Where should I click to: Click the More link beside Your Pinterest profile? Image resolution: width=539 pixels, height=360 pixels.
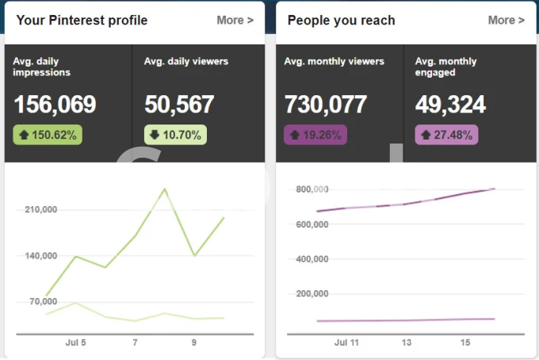click(235, 20)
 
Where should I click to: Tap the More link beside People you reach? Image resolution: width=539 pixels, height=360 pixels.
click(506, 20)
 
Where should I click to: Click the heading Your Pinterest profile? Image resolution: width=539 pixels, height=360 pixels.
click(82, 20)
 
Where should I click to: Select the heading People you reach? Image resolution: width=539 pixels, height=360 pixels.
click(341, 20)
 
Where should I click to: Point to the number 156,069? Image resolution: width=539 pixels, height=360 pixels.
click(55, 105)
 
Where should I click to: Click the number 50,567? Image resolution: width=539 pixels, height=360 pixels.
click(179, 105)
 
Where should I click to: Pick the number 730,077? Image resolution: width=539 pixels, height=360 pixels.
click(326, 105)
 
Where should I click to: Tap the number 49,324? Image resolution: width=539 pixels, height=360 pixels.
click(450, 105)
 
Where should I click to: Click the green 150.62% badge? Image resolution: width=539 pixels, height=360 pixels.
click(48, 135)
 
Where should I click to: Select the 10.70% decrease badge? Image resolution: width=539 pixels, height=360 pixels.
click(174, 135)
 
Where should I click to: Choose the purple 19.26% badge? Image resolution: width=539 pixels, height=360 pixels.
click(315, 135)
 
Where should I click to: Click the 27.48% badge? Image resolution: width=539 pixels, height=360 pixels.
click(447, 135)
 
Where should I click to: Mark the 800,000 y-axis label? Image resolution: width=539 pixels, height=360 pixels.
click(312, 190)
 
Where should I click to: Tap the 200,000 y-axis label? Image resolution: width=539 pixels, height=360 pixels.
click(312, 294)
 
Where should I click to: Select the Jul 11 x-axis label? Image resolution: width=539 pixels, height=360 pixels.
click(346, 343)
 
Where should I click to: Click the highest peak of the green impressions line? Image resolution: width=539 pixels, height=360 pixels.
click(165, 189)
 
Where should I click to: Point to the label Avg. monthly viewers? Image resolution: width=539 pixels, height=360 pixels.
click(334, 62)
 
